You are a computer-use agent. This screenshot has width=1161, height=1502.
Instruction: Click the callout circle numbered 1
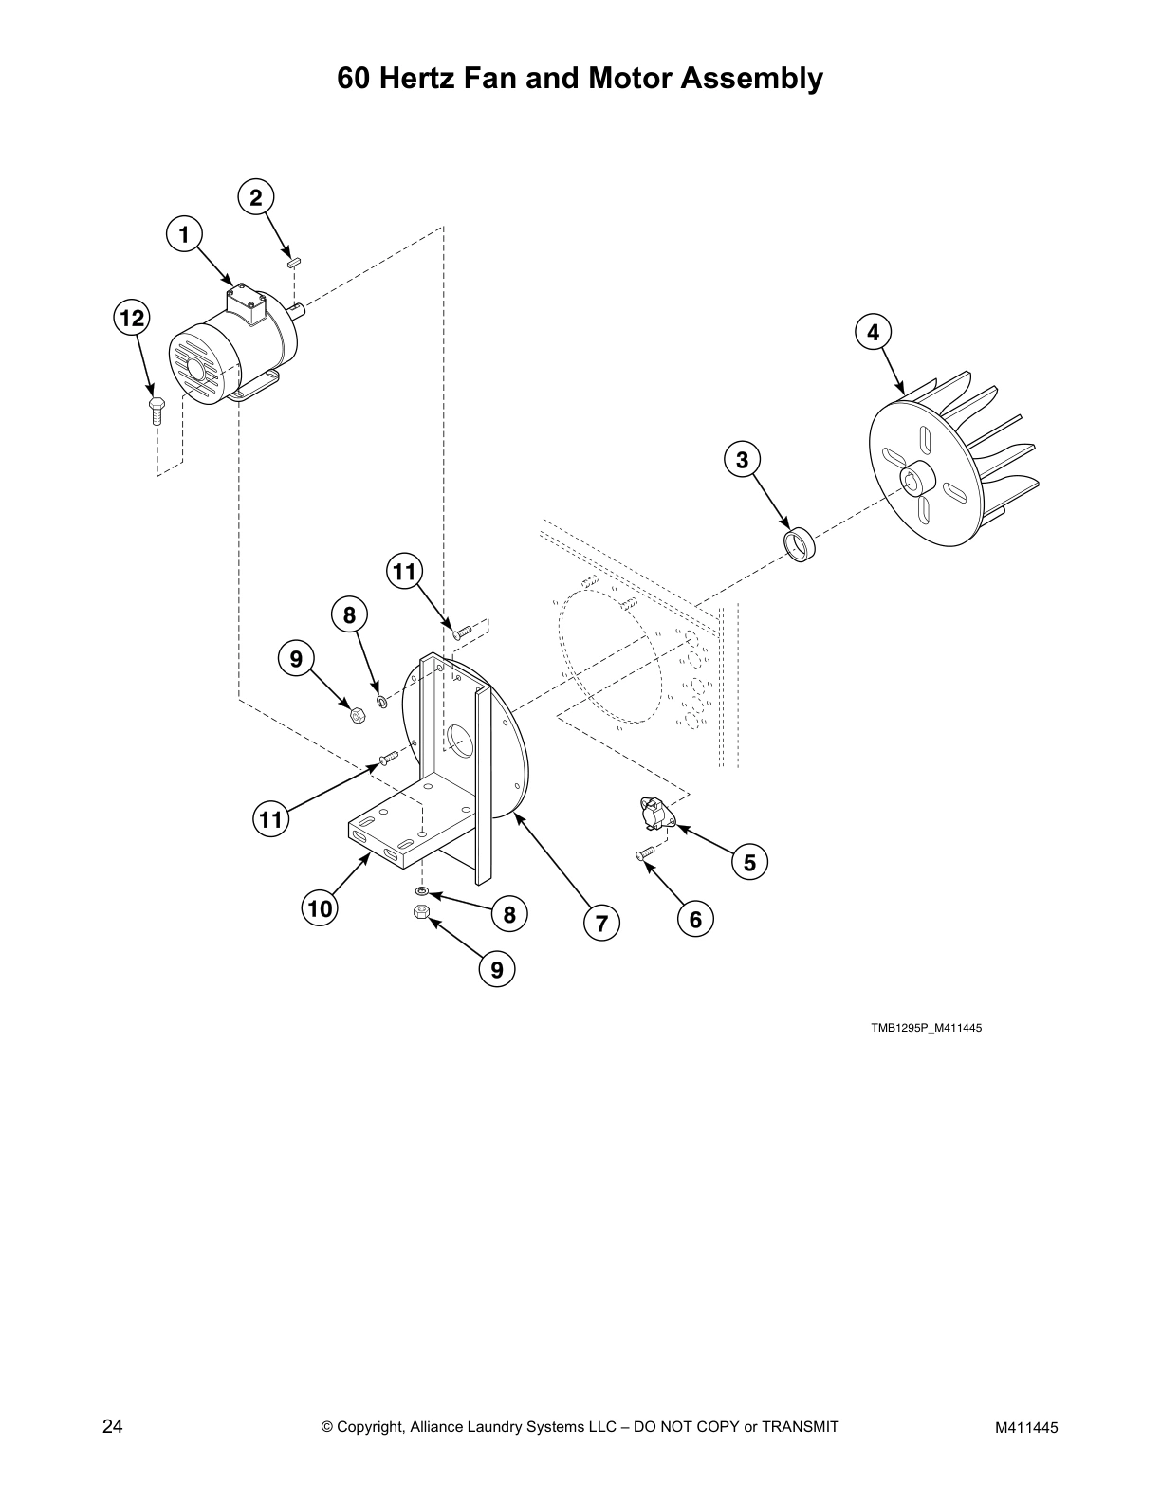coord(185,233)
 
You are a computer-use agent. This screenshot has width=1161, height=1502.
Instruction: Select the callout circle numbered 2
coord(255,197)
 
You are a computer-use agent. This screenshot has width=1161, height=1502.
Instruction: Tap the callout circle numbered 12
coord(133,318)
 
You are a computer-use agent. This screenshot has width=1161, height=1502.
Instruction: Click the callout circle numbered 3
coord(743,460)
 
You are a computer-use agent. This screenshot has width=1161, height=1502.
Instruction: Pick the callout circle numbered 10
coord(321,908)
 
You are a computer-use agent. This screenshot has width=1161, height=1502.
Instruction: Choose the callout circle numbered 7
coord(601,922)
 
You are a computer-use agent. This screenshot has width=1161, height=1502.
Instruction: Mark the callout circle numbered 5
coord(749,863)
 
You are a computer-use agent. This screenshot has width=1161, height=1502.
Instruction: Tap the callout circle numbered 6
coord(695,919)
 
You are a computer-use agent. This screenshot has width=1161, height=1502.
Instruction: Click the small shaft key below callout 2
coord(294,261)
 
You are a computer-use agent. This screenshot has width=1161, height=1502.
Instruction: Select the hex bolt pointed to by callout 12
coord(157,412)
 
